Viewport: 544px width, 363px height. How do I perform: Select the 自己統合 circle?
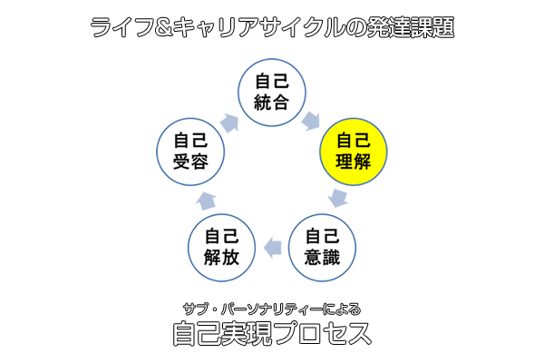pos(272,91)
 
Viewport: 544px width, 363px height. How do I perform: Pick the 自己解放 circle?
pos(222,246)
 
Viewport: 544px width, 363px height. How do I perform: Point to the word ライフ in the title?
pos(121,27)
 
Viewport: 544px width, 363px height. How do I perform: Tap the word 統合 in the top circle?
pos(272,101)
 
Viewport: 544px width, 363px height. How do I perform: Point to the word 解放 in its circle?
pos(222,257)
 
